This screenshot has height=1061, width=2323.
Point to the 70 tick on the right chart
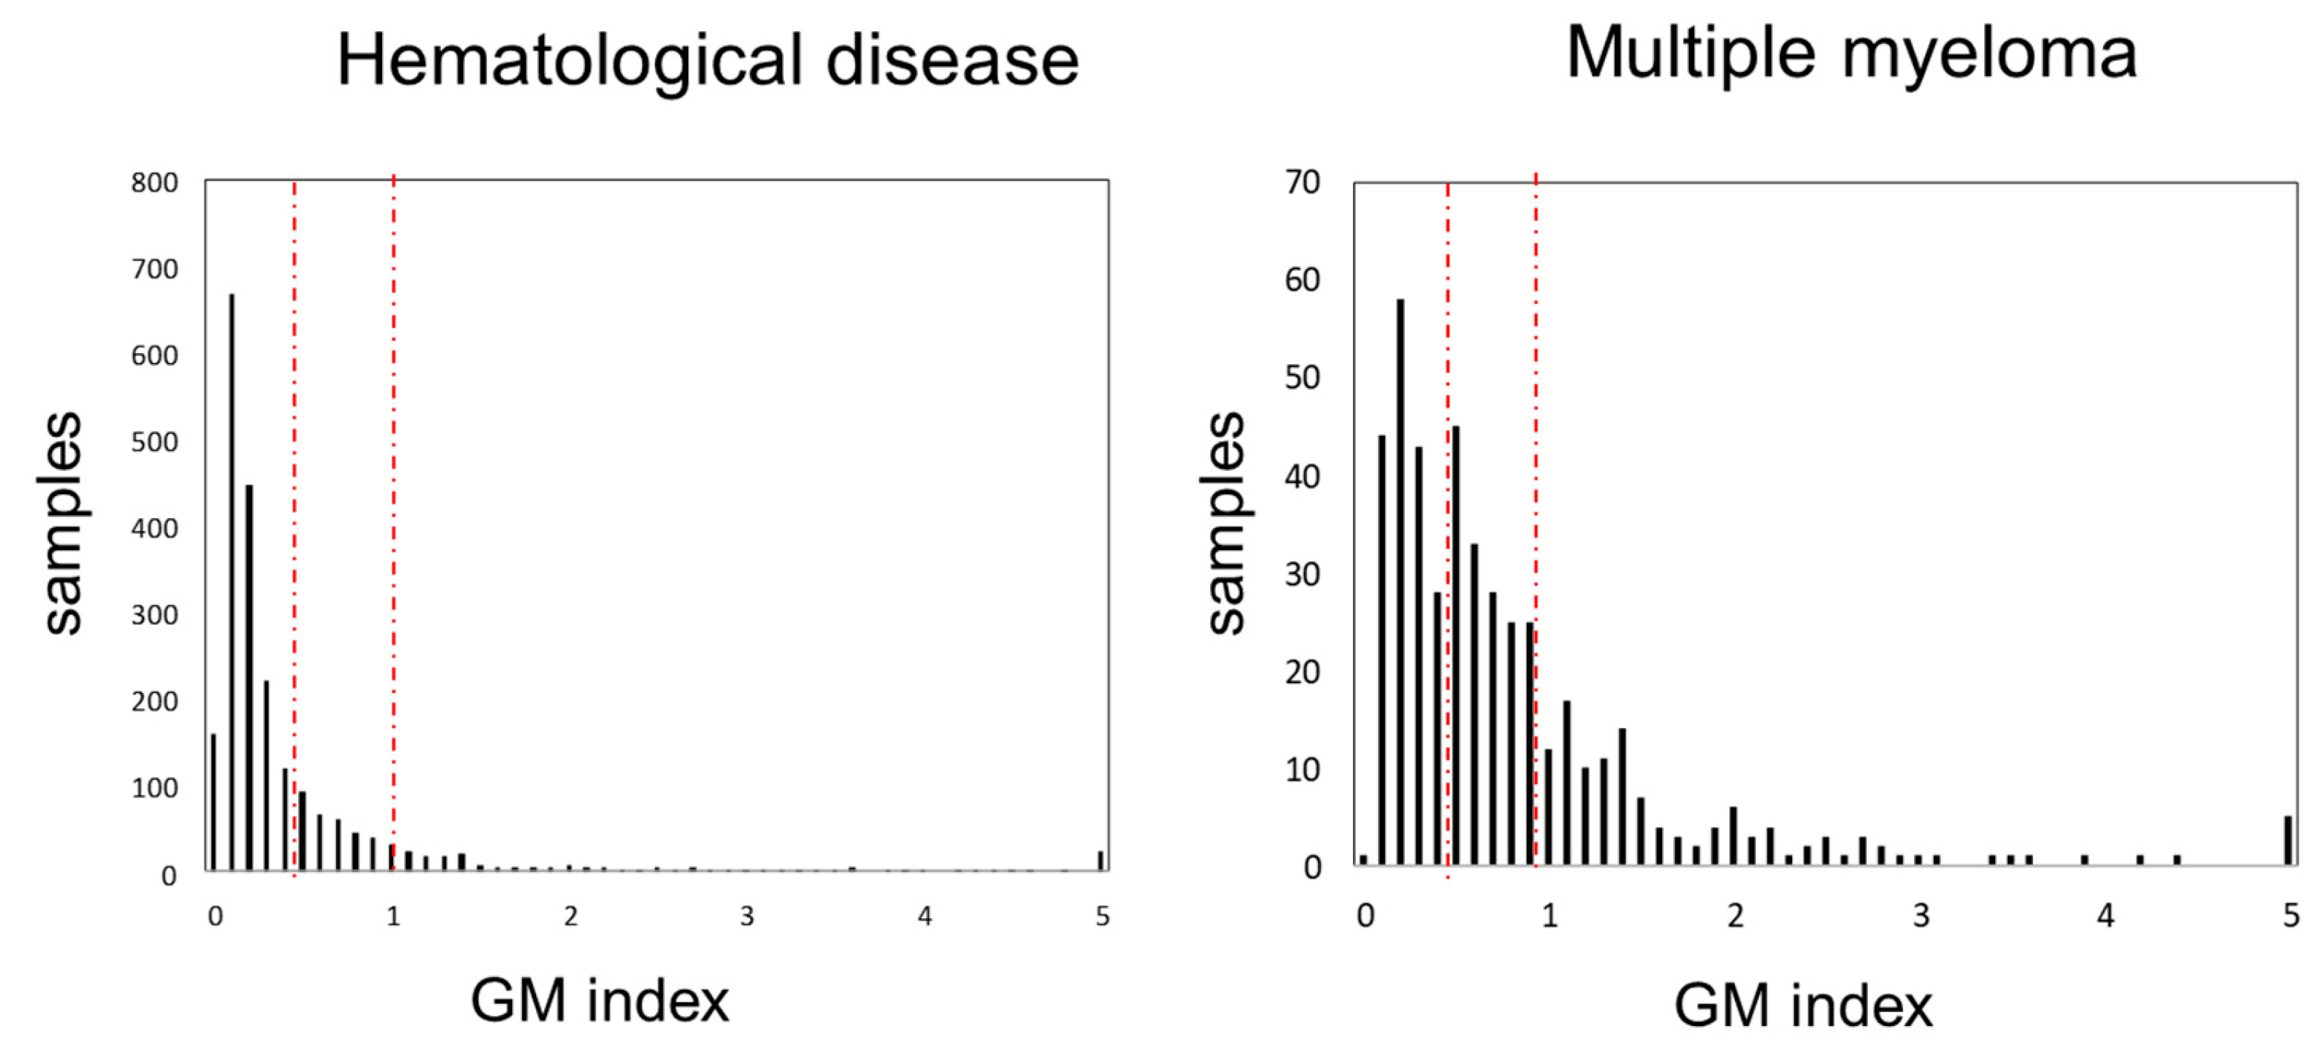point(1302,183)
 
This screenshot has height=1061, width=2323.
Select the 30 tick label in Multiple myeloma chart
point(1302,575)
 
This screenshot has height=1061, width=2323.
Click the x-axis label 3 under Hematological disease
point(746,917)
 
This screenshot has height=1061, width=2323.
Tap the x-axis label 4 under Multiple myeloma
point(2104,917)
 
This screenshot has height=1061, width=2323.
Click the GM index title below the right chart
point(1803,1006)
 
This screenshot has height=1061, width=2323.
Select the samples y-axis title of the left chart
point(63,523)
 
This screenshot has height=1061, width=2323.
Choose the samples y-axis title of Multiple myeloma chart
point(1227,523)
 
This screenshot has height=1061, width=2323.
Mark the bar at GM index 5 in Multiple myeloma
point(2288,841)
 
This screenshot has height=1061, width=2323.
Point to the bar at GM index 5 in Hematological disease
point(1100,861)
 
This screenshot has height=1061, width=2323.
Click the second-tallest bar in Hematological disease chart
point(250,677)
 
